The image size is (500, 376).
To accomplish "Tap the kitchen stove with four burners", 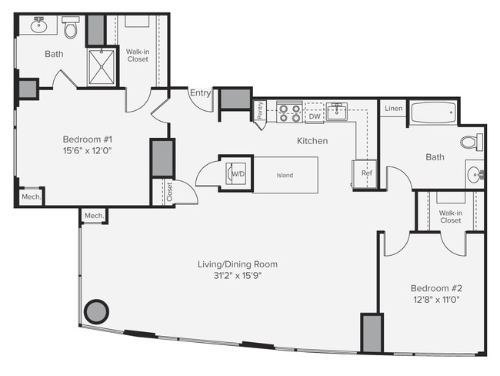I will (x=288, y=113).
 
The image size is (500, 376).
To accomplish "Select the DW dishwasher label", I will (x=314, y=116).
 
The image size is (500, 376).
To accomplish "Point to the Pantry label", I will (x=259, y=112).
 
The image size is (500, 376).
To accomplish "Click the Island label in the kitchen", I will (x=285, y=175).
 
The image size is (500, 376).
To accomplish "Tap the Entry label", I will (x=200, y=93).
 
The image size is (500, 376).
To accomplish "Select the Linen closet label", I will (x=392, y=109).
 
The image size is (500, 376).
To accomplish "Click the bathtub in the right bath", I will (x=434, y=113).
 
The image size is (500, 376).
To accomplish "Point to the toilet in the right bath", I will (x=471, y=142).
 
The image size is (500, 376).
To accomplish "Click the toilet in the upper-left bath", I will (x=71, y=29).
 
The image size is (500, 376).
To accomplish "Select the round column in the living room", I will (x=96, y=312).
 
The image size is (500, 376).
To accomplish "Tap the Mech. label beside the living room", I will (x=94, y=216).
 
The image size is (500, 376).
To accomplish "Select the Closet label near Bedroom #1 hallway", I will (x=169, y=192).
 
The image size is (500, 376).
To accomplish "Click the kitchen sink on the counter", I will (x=337, y=112).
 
